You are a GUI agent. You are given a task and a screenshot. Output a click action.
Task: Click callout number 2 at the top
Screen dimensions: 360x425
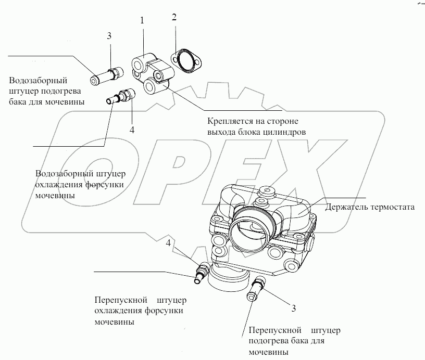174,17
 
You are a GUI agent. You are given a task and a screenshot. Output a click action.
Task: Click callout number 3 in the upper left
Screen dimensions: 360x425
109,36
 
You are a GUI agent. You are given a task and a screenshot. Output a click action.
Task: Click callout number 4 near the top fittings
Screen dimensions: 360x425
132,130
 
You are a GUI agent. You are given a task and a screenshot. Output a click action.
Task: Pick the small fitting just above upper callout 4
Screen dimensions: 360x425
121,96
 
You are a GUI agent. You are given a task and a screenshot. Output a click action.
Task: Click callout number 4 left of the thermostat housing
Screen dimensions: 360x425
168,243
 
